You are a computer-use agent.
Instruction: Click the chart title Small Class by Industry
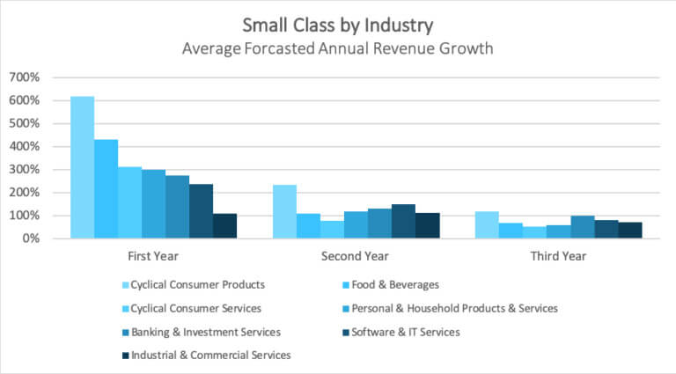(337, 24)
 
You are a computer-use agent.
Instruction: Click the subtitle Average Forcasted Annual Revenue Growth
(337, 48)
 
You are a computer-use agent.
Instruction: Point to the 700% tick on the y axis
(23, 77)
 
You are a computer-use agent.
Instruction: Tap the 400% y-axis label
(23, 146)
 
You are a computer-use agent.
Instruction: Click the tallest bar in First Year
(82, 167)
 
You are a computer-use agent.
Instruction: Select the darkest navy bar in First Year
(224, 226)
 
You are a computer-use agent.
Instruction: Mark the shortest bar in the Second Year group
(332, 229)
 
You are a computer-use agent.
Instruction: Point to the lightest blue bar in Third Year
(487, 224)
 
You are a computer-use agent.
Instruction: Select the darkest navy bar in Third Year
(629, 230)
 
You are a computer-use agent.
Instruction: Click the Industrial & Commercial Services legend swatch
(124, 356)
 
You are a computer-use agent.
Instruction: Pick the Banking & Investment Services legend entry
(205, 332)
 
